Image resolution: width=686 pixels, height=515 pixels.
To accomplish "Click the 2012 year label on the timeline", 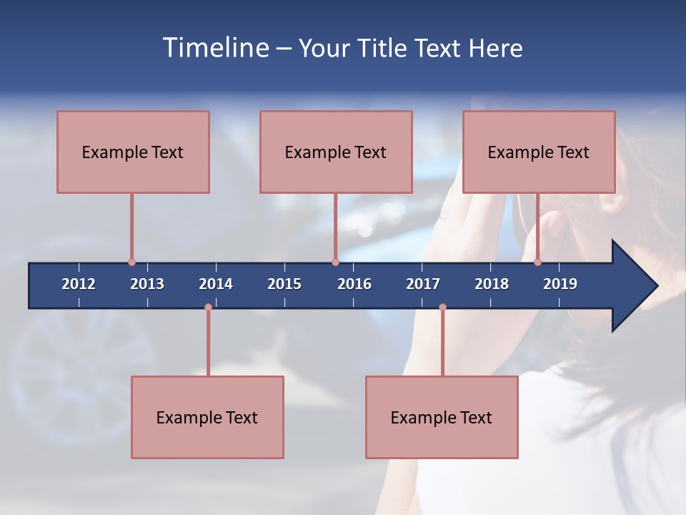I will (x=79, y=284).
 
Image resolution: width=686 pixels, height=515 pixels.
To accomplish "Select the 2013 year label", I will (x=147, y=284).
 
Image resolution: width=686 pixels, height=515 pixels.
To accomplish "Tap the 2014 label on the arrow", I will (x=216, y=284).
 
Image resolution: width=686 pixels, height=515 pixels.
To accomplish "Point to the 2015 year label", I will (x=284, y=284).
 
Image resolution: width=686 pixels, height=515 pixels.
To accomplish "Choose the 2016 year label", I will (x=354, y=284).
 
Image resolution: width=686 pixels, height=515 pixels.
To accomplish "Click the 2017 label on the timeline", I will (x=423, y=284).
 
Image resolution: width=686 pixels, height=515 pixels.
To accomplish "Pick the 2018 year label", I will (x=492, y=284).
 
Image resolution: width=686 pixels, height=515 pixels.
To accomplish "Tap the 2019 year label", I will (x=560, y=284).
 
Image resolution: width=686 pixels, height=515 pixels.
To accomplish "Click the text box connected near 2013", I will (x=133, y=152).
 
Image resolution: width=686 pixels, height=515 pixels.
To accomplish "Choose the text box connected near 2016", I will (x=336, y=152).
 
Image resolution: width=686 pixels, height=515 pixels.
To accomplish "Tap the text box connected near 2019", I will (x=539, y=152).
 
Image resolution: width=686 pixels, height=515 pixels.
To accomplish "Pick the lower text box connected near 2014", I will (x=207, y=417).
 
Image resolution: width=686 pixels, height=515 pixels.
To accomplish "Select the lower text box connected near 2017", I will (x=442, y=417).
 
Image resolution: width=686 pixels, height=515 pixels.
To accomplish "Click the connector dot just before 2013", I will (x=131, y=263).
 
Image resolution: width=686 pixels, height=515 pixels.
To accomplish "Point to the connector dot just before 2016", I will (x=335, y=263).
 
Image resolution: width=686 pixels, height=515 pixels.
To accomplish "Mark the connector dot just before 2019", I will (x=538, y=263).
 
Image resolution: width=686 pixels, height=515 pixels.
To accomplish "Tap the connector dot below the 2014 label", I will (x=208, y=308).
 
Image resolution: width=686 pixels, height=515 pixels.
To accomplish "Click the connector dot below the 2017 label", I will (x=442, y=308).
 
